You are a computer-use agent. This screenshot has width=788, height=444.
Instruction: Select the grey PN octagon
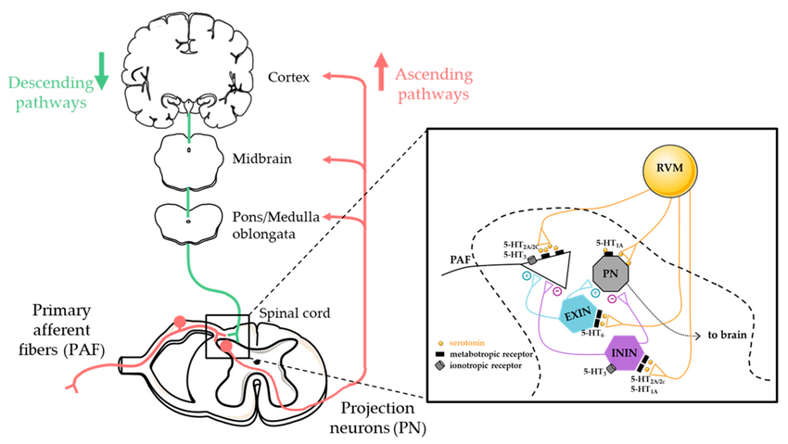click(x=616, y=274)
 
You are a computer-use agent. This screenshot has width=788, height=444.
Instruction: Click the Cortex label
click(x=290, y=76)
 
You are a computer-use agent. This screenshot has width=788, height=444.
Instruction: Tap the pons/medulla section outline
click(x=188, y=220)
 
